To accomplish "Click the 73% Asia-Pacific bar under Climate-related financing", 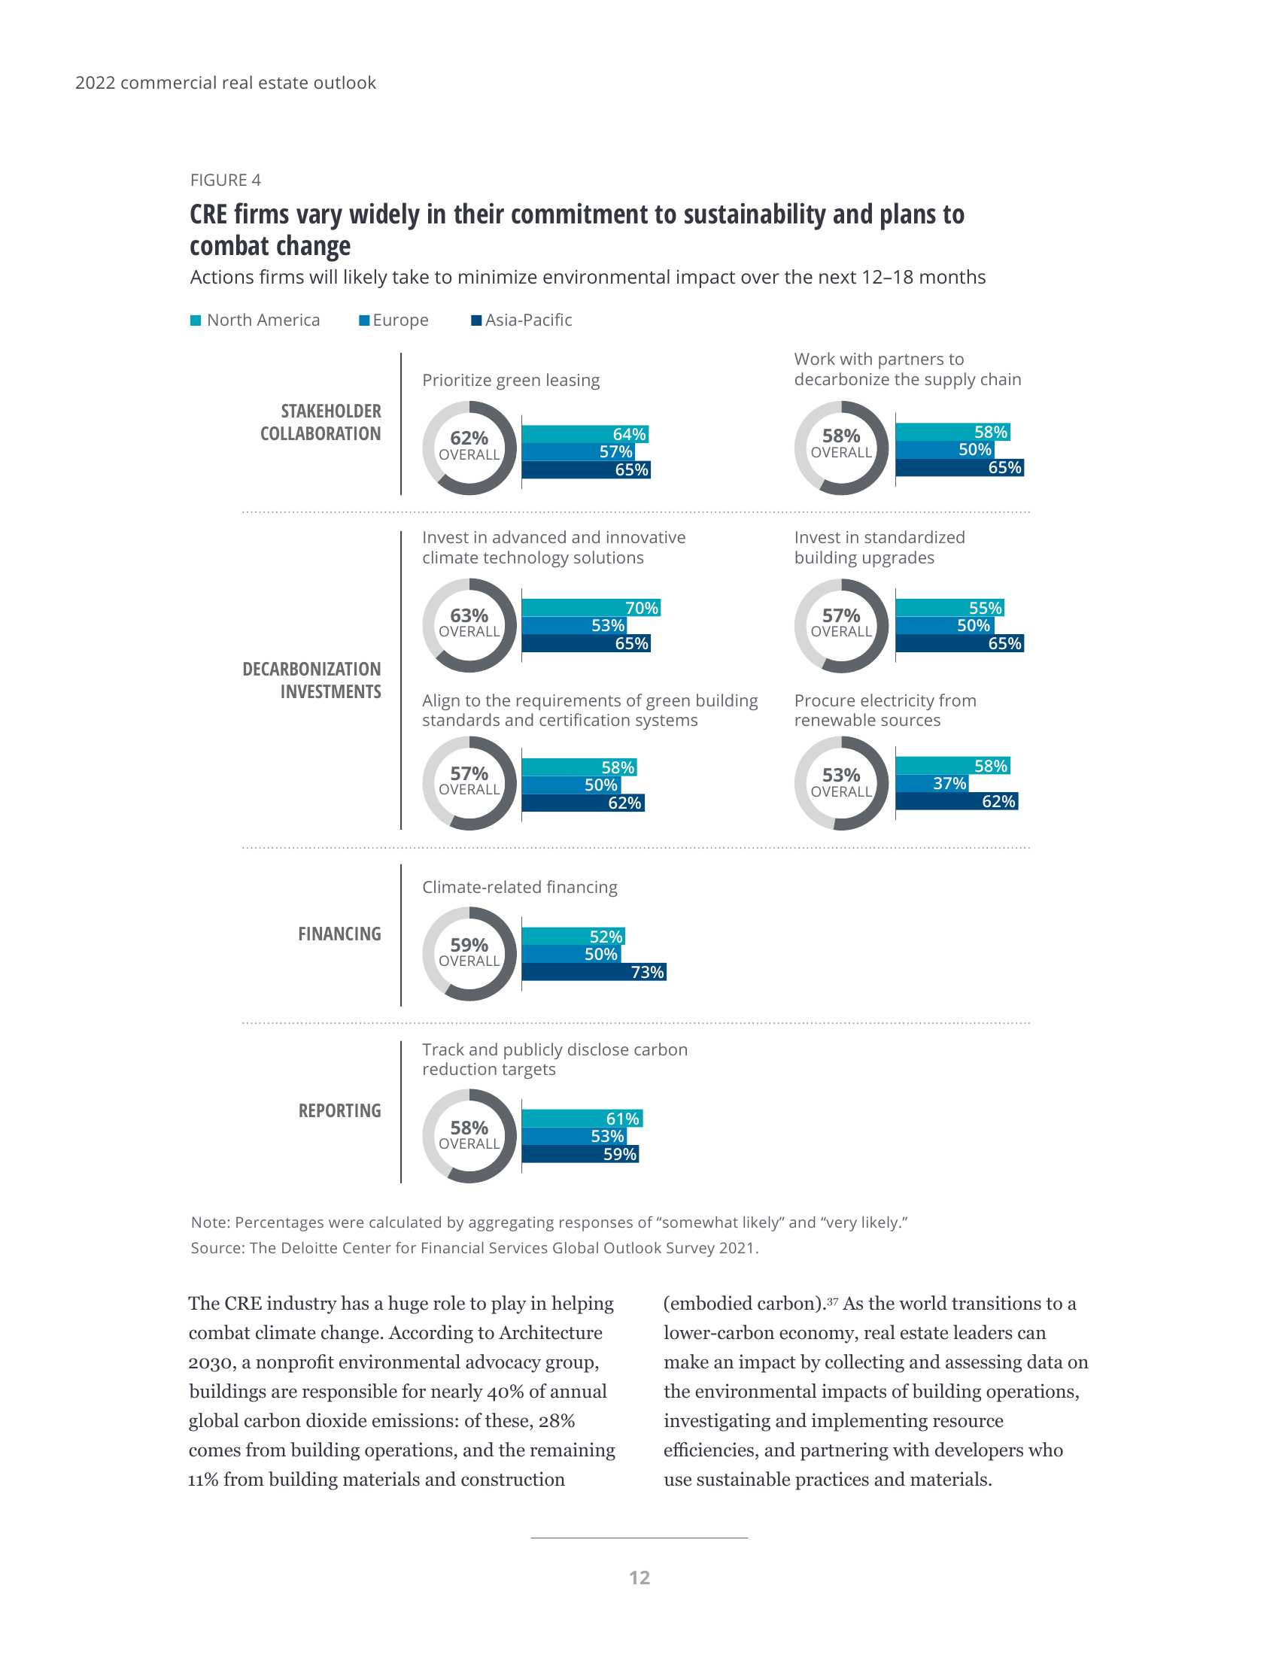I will [x=594, y=971].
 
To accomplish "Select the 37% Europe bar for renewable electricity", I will [x=931, y=783].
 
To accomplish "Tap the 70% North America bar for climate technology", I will [x=591, y=608].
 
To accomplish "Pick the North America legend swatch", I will [x=196, y=320].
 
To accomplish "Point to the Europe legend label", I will [x=400, y=320].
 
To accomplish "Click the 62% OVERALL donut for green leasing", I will [x=469, y=448].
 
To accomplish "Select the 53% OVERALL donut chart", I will [x=841, y=784].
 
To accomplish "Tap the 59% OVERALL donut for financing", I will [x=469, y=953].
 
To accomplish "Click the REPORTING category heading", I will [x=339, y=1110].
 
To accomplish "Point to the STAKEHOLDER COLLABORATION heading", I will [x=321, y=422].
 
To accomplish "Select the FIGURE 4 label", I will [x=225, y=181].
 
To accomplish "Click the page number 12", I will [x=639, y=1578].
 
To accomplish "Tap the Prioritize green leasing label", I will [x=511, y=381].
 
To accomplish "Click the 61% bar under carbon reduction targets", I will [x=582, y=1119].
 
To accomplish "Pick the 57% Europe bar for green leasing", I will [x=578, y=451].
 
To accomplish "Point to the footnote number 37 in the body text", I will [x=832, y=1301].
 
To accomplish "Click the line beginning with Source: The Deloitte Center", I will [x=474, y=1248].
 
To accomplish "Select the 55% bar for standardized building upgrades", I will [x=949, y=608].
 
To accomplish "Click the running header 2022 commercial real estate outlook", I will [x=225, y=83].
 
